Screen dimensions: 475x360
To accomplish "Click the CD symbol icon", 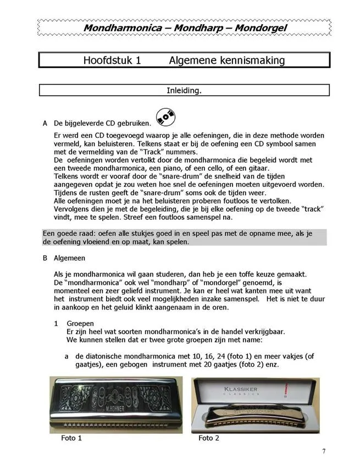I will coord(165,116).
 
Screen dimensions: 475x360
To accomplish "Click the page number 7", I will coord(324,451).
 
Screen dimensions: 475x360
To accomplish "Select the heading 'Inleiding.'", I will coord(184,90).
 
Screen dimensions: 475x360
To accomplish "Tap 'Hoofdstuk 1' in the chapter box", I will coord(112,60).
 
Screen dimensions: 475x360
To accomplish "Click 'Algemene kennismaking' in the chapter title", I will coord(227,60).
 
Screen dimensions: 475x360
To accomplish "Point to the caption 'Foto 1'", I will coord(72,438).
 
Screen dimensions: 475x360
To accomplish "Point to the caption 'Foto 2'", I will coord(209,438).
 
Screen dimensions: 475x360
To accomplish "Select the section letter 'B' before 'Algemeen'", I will coord(45,258).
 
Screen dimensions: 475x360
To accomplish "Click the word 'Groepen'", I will coord(81,324).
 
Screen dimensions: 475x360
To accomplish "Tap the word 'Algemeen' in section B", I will coord(69,258).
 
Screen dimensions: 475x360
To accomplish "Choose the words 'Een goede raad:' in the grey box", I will coord(70,233).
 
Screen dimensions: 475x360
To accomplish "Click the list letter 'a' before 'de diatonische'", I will coord(67,356).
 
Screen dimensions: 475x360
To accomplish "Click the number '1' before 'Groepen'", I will coord(56,324).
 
